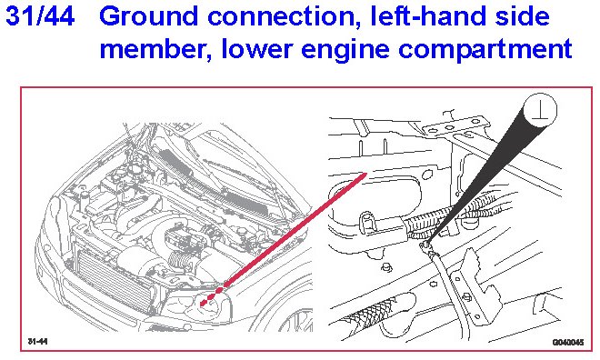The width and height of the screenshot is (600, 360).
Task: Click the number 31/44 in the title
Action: point(40,16)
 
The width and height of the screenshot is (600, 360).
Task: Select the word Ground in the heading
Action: point(149,16)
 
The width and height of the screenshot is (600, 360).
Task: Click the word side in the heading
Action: point(522,16)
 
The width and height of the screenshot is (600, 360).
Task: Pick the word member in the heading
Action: point(155,49)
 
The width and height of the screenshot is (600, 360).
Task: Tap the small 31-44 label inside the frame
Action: point(37,341)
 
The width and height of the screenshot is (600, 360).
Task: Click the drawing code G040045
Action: point(568,342)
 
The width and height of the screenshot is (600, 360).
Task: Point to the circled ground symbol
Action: point(539,110)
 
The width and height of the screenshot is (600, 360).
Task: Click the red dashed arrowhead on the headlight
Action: point(205,302)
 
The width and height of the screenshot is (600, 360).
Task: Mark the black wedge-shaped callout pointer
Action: point(483,175)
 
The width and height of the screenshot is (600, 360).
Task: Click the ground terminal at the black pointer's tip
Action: point(425,246)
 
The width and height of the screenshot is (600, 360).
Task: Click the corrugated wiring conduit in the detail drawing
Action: point(424,223)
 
